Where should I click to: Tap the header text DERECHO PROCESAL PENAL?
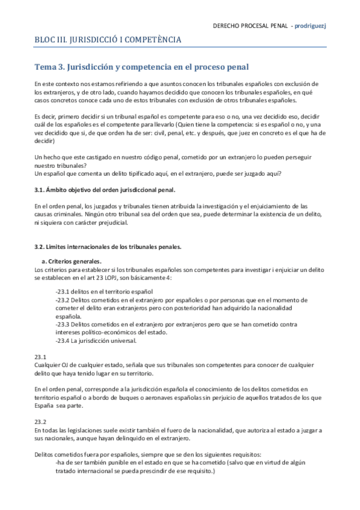(x=249, y=26)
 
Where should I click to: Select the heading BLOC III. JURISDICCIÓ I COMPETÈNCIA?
(x=108, y=40)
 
